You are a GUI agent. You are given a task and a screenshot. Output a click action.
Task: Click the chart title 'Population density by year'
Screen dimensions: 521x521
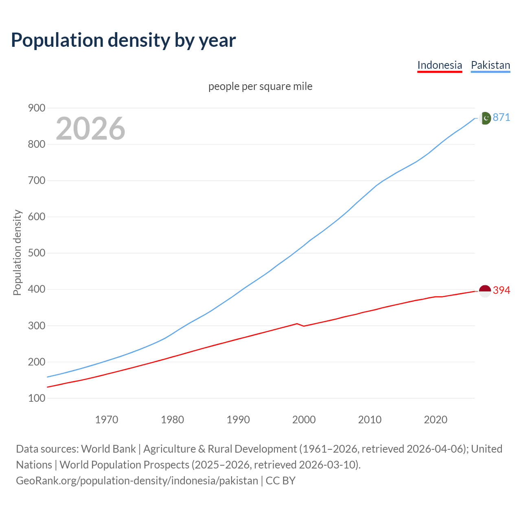(123, 40)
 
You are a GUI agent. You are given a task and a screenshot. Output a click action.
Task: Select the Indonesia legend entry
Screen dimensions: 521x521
(440, 65)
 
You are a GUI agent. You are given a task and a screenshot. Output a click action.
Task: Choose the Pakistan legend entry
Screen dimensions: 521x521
(490, 65)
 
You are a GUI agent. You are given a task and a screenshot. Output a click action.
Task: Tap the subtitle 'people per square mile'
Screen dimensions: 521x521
(260, 86)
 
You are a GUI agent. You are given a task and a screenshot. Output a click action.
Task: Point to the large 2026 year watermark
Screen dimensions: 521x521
(90, 129)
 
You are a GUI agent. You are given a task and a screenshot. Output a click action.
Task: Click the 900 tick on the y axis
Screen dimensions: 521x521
(37, 108)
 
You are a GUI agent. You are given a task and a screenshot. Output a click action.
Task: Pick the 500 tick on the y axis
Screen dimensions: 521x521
(37, 253)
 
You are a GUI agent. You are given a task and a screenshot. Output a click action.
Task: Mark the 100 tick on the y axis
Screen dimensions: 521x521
(37, 398)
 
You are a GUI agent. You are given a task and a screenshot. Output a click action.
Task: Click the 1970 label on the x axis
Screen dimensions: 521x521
(107, 420)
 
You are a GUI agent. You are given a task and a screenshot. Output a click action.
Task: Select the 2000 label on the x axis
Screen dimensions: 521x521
(304, 420)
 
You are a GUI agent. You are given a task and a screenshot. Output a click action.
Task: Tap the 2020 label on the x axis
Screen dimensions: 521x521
(436, 420)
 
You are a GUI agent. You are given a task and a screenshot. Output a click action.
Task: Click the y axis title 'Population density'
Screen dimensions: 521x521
(17, 252)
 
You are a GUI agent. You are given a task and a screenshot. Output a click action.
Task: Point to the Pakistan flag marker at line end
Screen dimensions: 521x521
(485, 118)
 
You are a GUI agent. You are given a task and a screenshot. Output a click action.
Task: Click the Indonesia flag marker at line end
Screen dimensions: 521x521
(485, 291)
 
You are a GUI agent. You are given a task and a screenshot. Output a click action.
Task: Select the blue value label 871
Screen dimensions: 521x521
(501, 117)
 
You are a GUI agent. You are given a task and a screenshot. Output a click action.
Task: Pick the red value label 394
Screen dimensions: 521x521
(501, 290)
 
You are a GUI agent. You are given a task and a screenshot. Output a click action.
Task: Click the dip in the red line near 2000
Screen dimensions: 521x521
(304, 326)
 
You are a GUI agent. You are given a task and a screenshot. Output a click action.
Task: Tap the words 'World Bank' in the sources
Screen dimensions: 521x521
(108, 449)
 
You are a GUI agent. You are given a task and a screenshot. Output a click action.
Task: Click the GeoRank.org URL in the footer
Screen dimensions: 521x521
(137, 481)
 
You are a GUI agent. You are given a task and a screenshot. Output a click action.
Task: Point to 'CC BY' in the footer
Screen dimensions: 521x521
(280, 481)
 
